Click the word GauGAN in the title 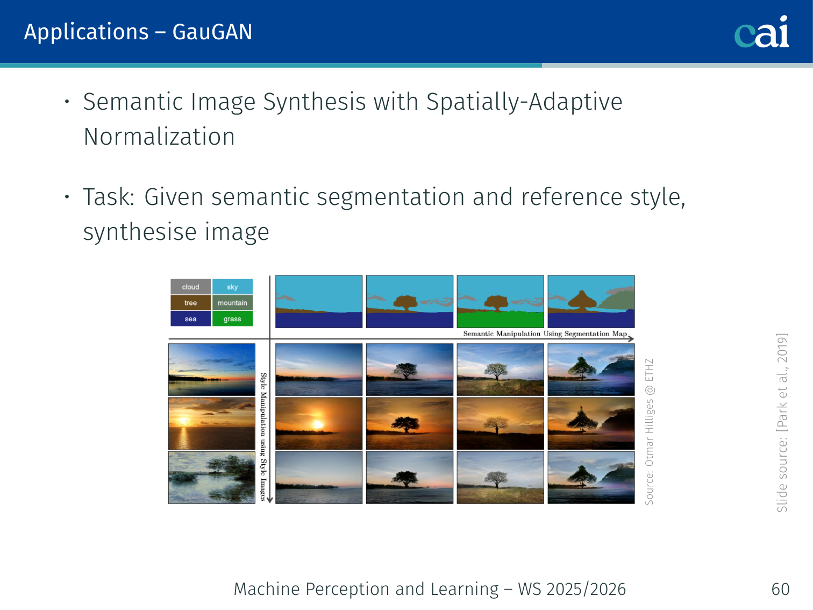pyautogui.click(x=212, y=32)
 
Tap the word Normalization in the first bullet pyautogui.click(x=159, y=137)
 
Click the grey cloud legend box pyautogui.click(x=191, y=287)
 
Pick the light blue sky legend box pyautogui.click(x=232, y=287)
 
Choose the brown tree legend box pyautogui.click(x=191, y=303)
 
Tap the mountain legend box pyautogui.click(x=232, y=303)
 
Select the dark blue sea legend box pyautogui.click(x=191, y=318)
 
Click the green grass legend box pyautogui.click(x=232, y=318)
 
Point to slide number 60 pyautogui.click(x=780, y=589)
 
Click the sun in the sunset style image pyautogui.click(x=183, y=421)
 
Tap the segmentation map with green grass pyautogui.click(x=501, y=301)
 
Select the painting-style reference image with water pyautogui.click(x=212, y=478)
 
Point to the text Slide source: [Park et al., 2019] pyautogui.click(x=782, y=423)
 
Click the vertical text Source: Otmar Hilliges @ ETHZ pyautogui.click(x=650, y=432)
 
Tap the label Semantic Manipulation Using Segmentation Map pyautogui.click(x=545, y=334)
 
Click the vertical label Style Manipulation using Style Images pyautogui.click(x=263, y=437)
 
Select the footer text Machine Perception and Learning pyautogui.click(x=366, y=589)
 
